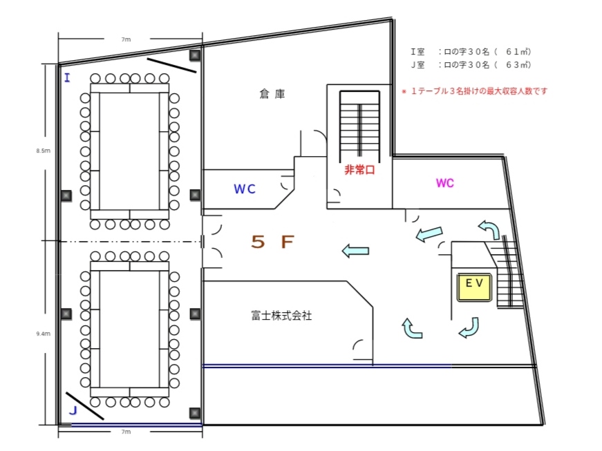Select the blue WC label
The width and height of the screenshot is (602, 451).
click(245, 188)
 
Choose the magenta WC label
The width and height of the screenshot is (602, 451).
click(444, 183)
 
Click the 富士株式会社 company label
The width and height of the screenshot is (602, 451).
click(281, 316)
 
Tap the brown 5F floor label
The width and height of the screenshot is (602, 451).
click(273, 242)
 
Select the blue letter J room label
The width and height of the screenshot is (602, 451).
click(72, 410)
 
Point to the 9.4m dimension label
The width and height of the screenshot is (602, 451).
click(44, 334)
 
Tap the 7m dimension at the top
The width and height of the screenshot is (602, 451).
click(126, 40)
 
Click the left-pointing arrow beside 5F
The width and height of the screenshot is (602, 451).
click(355, 251)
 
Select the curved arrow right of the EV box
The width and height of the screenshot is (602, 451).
click(469, 327)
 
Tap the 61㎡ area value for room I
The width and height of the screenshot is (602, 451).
click(518, 52)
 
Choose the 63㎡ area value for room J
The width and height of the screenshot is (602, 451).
click(518, 65)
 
